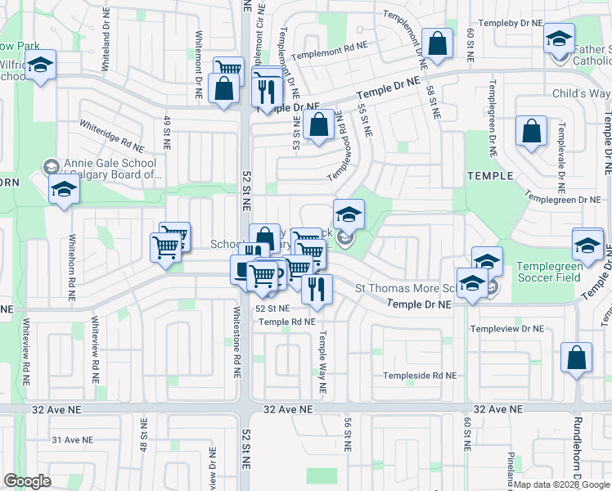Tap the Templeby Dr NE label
(511, 23)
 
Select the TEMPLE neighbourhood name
(489, 176)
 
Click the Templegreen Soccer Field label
(548, 272)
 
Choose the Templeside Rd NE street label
(421, 376)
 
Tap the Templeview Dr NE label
(507, 328)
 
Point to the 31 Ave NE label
(69, 439)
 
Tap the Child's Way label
(581, 94)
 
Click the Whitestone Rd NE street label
(236, 340)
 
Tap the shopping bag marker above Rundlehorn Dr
(576, 357)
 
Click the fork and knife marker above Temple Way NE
(316, 288)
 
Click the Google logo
(28, 481)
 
